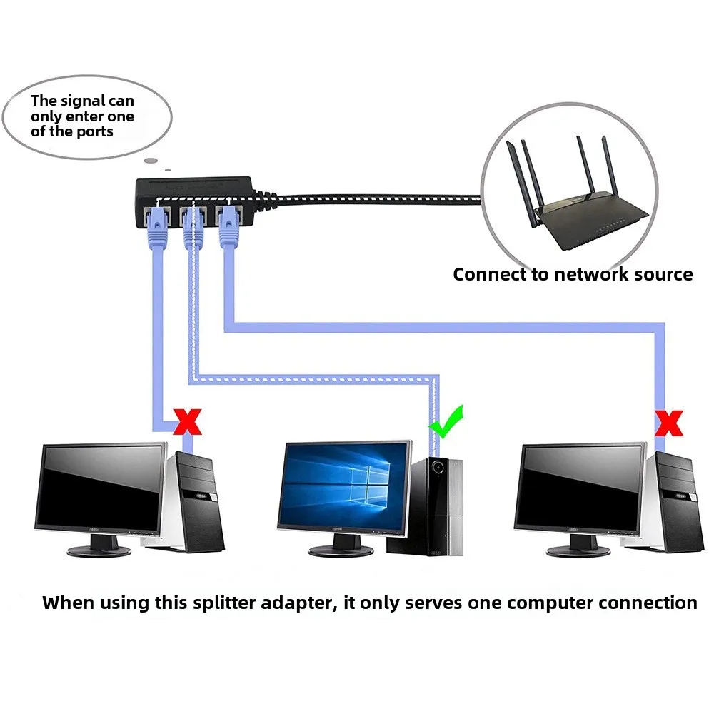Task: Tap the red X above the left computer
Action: pos(188,421)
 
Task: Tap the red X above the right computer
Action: pos(669,423)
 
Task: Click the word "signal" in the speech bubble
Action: pos(89,101)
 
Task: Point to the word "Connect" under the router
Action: pos(487,274)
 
